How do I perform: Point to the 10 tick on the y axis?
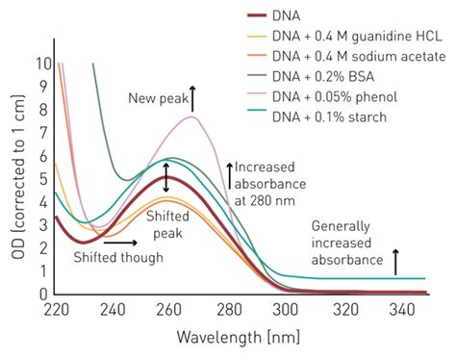pos(39,64)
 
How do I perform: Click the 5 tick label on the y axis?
pos(42,178)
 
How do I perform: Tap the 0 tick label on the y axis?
pos(42,294)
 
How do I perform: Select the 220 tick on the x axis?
pos(57,311)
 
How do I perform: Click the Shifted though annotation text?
pos(118,258)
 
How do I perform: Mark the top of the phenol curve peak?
pos(193,116)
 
